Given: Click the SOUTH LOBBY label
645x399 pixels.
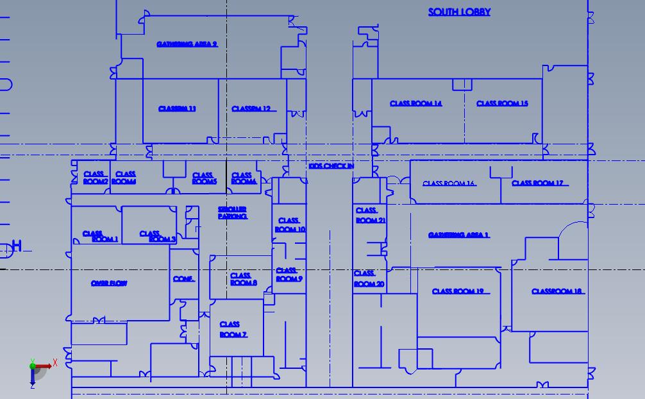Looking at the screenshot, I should click(459, 12).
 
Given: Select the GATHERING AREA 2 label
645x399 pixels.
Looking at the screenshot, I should click(187, 44).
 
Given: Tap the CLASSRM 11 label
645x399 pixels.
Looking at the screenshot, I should click(177, 109).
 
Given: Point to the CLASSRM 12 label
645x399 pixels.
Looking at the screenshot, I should click(251, 109).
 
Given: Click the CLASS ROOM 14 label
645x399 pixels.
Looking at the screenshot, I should click(415, 104).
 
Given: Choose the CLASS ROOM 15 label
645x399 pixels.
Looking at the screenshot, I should click(502, 104).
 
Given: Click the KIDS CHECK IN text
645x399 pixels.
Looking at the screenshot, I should click(331, 166).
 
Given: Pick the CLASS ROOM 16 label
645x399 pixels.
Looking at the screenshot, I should click(448, 184).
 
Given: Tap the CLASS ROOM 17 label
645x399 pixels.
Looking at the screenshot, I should click(537, 183).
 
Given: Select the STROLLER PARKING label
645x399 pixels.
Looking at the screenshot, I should click(232, 213).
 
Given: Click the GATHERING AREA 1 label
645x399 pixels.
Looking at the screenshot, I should click(458, 235).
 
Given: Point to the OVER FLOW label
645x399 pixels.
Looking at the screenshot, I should click(109, 284).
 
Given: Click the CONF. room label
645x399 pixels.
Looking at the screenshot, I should click(183, 279).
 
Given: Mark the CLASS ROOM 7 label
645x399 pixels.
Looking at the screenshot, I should click(232, 330).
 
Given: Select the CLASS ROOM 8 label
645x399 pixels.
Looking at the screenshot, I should click(243, 279).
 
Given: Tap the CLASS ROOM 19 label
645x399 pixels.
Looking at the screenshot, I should click(458, 292).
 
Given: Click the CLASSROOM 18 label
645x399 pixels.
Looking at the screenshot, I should click(557, 292).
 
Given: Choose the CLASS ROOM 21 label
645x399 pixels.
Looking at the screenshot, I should click(370, 215).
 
